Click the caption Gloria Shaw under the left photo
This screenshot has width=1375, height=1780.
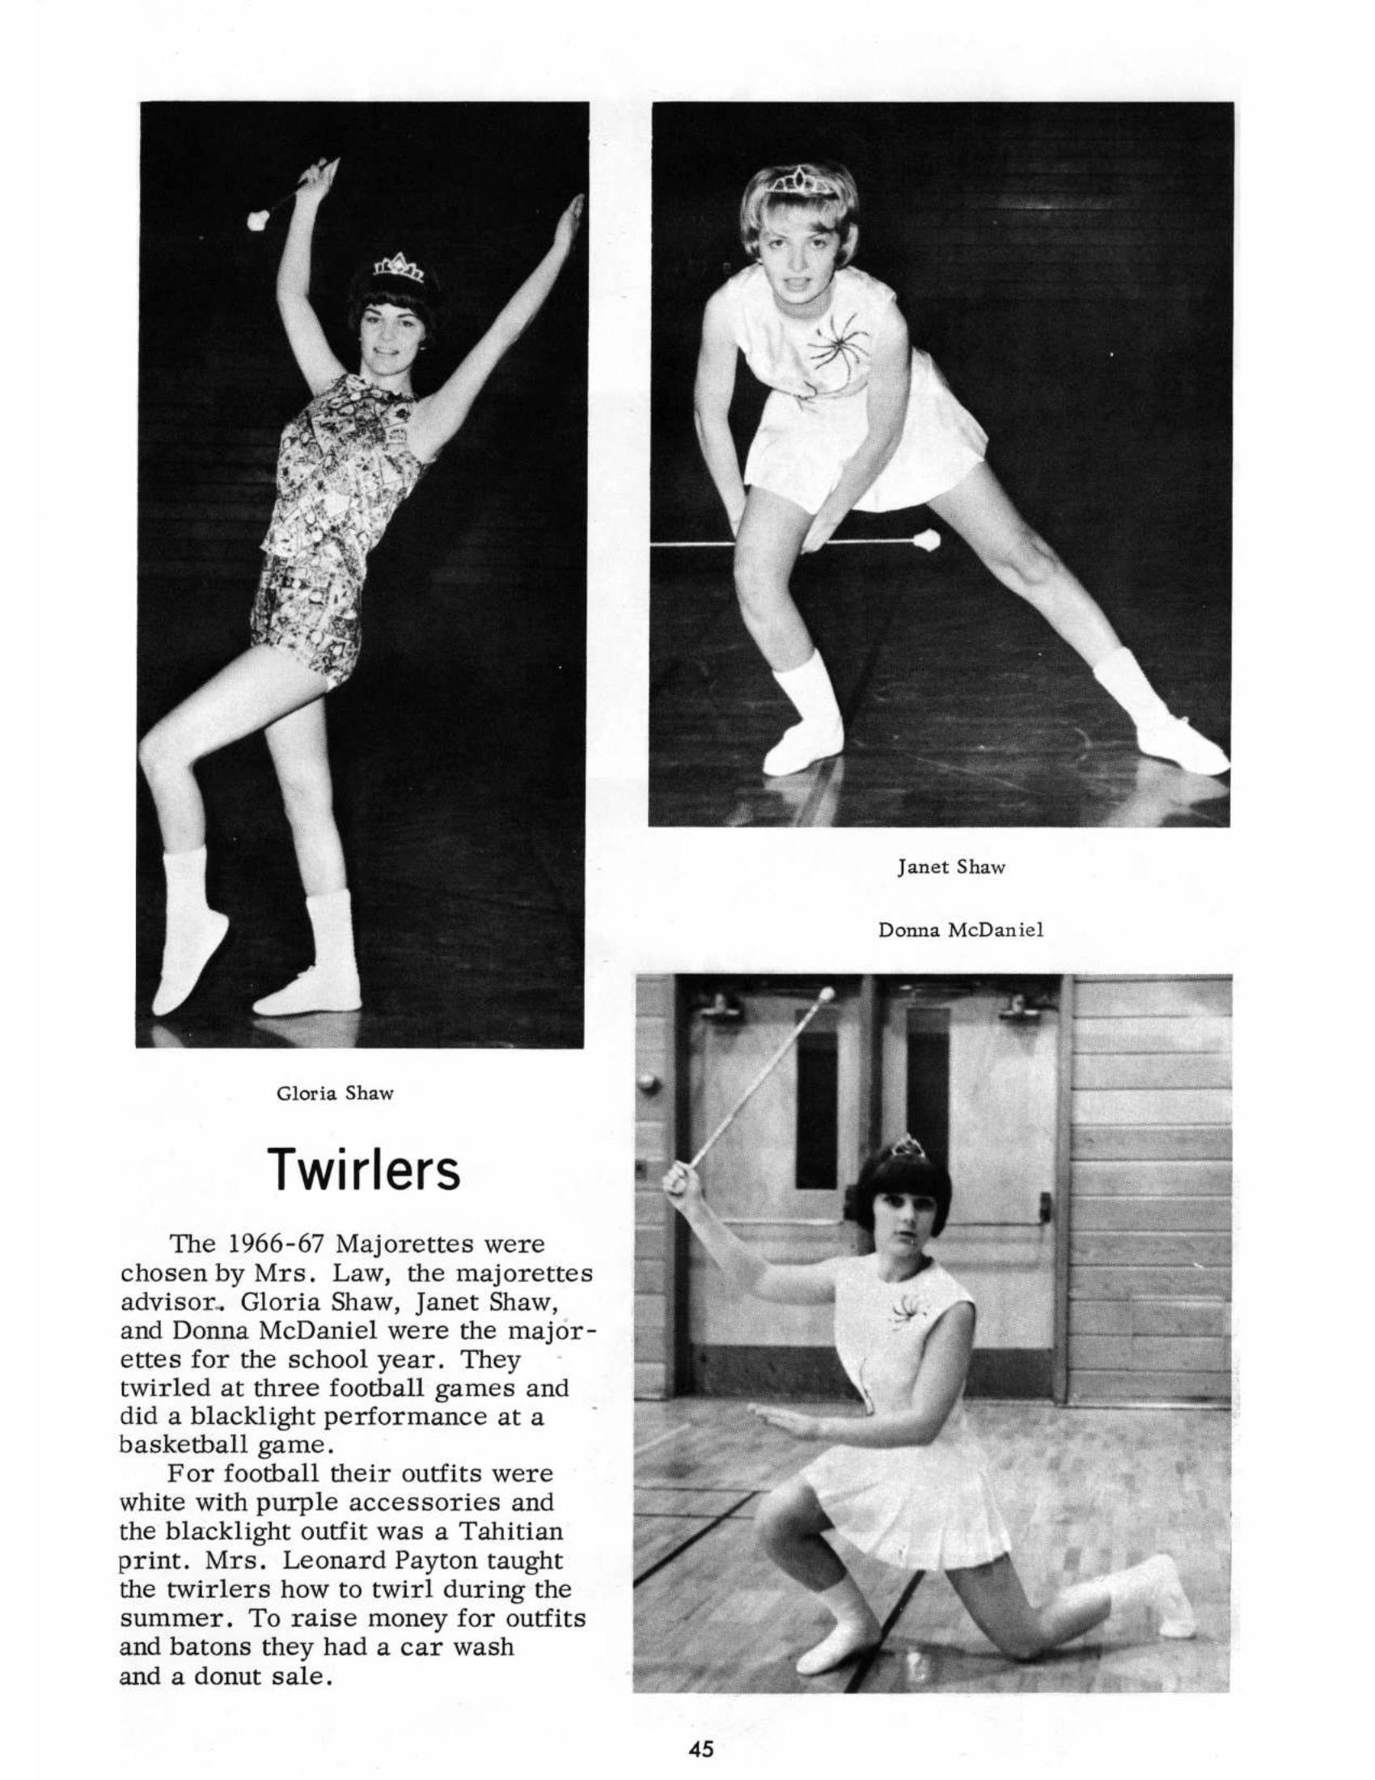click(335, 1093)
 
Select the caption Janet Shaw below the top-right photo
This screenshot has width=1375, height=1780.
click(950, 867)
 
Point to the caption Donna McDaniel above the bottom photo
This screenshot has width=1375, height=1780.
click(960, 929)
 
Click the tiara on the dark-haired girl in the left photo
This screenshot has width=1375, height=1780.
click(399, 266)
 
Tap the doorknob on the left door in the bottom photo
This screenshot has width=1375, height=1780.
click(649, 1083)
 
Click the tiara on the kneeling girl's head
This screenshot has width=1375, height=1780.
click(906, 1146)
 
